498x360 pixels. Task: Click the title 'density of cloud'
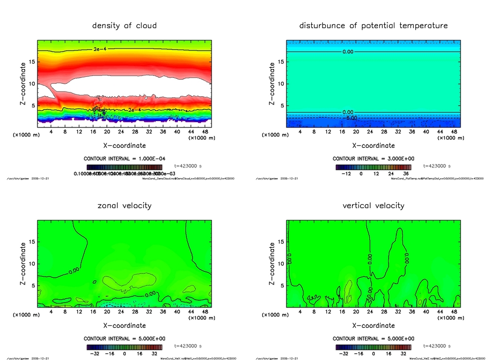pos(124,25)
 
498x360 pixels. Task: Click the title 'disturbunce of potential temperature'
pos(373,25)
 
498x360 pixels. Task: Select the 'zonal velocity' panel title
pos(124,205)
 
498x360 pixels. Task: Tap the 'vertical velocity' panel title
pos(373,205)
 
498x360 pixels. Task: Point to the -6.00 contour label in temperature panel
pos(351,118)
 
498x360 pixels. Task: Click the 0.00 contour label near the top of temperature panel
pos(348,52)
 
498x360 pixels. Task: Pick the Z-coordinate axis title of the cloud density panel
pos(23,84)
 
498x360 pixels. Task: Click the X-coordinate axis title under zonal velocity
pos(124,325)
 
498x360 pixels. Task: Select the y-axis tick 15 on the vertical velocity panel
pos(281,242)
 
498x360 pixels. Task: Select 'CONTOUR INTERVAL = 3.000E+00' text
pos(373,159)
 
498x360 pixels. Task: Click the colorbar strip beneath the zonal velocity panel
pos(124,347)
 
